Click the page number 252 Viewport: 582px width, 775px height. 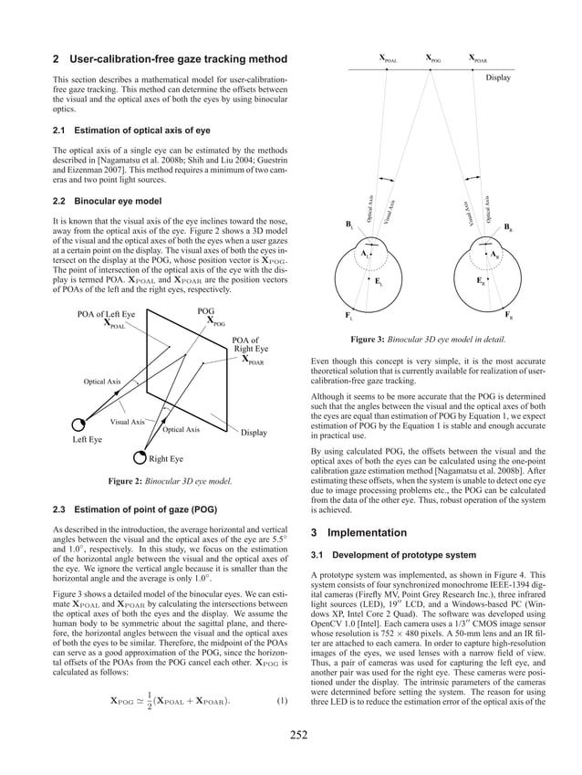point(291,735)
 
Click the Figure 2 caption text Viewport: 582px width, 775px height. point(169,480)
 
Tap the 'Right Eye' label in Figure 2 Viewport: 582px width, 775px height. point(166,458)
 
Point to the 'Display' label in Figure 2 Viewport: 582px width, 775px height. point(254,433)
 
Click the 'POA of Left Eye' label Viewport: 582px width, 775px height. point(106,314)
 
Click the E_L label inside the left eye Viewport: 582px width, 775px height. point(378,282)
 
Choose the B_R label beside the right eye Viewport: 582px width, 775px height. point(507,228)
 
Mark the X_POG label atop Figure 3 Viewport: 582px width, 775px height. point(434,59)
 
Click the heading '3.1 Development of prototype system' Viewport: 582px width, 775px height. point(392,554)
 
